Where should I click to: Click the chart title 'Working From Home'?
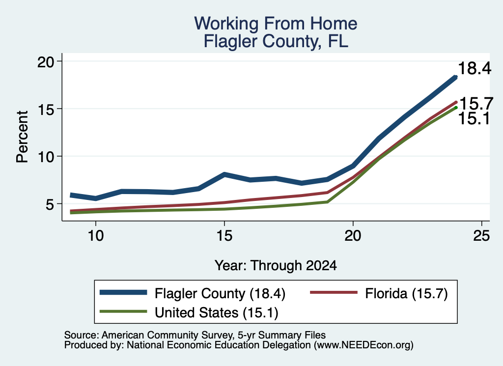tap(276, 24)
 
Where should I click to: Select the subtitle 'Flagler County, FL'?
tap(276, 42)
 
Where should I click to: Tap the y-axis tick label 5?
tap(51, 204)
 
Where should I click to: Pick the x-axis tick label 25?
tap(481, 236)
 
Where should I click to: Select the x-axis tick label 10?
tap(96, 236)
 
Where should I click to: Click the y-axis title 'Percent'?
tap(22, 137)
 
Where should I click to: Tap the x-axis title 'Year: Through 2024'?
tap(276, 266)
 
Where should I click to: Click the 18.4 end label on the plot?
tap(475, 68)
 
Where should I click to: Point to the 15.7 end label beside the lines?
tap(476, 104)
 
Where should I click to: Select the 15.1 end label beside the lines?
tap(474, 119)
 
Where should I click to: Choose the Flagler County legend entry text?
tap(220, 293)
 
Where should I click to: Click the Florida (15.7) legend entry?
tap(406, 293)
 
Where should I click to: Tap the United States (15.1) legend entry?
tap(217, 312)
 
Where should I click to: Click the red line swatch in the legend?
tap(334, 292)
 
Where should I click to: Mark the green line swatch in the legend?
tap(123, 311)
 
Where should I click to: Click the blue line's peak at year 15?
tap(224, 174)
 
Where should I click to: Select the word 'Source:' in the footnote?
tap(82, 335)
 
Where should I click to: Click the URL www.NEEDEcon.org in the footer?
tap(363, 345)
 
